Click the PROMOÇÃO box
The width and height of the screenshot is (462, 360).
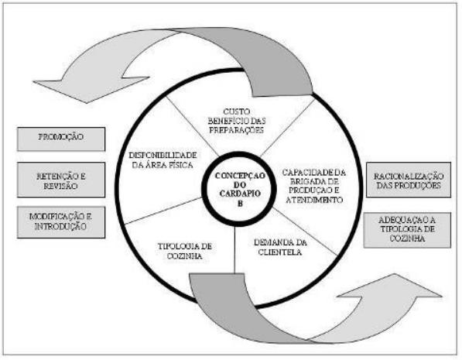(x=61, y=139)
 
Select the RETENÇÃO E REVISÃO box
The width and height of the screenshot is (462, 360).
(x=61, y=180)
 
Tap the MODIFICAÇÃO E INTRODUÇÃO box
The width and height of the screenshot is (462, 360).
(x=61, y=222)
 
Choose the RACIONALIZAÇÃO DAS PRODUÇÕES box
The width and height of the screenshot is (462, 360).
(x=409, y=180)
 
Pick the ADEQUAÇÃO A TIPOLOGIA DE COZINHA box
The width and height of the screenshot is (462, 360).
(x=407, y=230)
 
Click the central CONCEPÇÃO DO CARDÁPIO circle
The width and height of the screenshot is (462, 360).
(x=239, y=189)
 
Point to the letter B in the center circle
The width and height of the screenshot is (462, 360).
(x=240, y=204)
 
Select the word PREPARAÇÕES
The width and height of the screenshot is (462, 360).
(x=236, y=130)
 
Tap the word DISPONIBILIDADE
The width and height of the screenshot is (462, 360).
(x=163, y=155)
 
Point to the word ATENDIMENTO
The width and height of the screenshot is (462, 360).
(x=314, y=200)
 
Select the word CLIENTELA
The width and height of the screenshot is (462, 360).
(x=279, y=252)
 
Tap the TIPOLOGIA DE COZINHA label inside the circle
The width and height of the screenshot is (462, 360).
(x=185, y=251)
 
